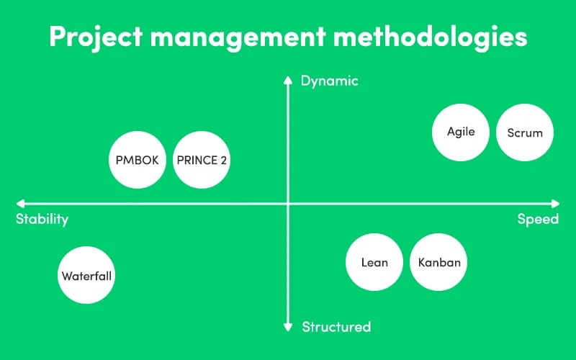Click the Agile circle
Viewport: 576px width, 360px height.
pyautogui.click(x=461, y=132)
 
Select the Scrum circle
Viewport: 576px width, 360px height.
pyautogui.click(x=525, y=132)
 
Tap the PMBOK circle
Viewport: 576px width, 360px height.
pyautogui.click(x=138, y=160)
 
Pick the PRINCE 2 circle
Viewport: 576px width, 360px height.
pyautogui.click(x=202, y=160)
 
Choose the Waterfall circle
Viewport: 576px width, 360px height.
pyautogui.click(x=86, y=275)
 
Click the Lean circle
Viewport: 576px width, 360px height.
pyautogui.click(x=374, y=262)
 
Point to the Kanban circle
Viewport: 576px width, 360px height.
pyautogui.click(x=438, y=262)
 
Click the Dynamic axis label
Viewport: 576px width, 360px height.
pyautogui.click(x=330, y=81)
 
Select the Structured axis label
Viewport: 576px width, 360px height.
pyautogui.click(x=336, y=327)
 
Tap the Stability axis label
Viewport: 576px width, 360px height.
pyautogui.click(x=42, y=220)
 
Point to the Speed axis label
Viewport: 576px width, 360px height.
pyautogui.click(x=538, y=220)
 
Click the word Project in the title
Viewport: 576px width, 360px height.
pyautogui.click(x=96, y=37)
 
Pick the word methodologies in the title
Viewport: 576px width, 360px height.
pyautogui.click(x=430, y=37)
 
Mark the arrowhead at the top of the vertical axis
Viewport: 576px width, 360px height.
pyautogui.click(x=288, y=80)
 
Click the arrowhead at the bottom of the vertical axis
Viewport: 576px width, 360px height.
pyautogui.click(x=288, y=328)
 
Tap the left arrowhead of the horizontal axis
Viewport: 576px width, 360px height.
pyautogui.click(x=20, y=204)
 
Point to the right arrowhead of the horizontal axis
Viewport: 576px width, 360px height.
pyautogui.click(x=555, y=204)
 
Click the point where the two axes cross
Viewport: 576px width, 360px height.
pyautogui.click(x=288, y=204)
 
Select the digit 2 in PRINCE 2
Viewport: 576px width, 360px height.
pyautogui.click(x=224, y=160)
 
